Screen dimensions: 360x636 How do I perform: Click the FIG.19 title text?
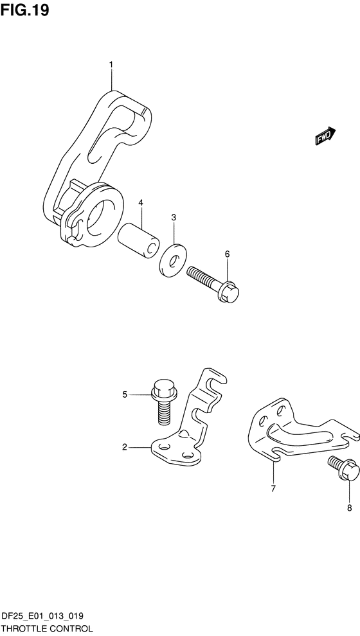[25, 10]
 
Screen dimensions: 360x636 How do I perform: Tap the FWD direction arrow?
[325, 136]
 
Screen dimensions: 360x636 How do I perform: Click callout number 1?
[111, 65]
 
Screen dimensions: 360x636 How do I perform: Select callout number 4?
[141, 202]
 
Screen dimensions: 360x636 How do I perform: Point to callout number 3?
[174, 218]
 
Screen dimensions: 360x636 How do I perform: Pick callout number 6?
[227, 254]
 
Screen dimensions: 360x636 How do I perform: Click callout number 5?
[125, 394]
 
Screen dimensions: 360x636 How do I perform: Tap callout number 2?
[125, 447]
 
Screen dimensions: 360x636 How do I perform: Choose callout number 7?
[273, 488]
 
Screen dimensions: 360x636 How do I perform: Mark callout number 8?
[349, 508]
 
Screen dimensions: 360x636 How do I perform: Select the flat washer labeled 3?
[172, 261]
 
